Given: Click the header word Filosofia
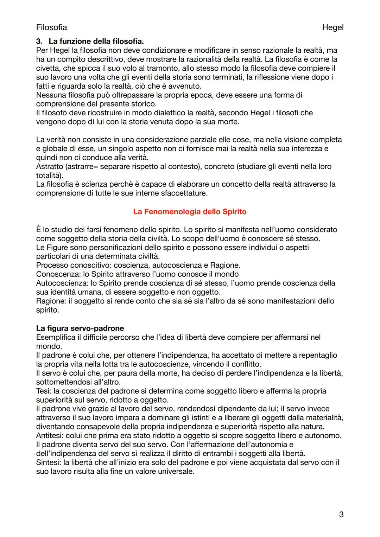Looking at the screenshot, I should tap(51, 27).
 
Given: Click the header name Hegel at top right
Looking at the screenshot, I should tap(332, 27).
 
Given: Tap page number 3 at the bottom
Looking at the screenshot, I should tap(341, 514).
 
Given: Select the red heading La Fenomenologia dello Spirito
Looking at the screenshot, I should tap(190, 212).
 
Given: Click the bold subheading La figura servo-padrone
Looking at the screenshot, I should tap(80, 328).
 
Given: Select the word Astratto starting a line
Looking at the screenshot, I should tap(49, 166).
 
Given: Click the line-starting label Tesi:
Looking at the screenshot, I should tap(44, 391).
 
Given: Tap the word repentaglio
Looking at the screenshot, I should tap(318, 355).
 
